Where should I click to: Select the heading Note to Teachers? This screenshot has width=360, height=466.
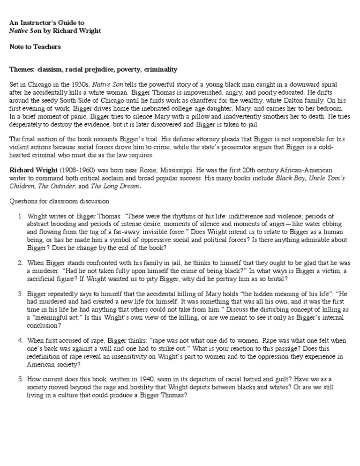pyautogui.click(x=35, y=46)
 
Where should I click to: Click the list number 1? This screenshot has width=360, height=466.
pyautogui.click(x=21, y=216)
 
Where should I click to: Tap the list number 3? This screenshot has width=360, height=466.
pyautogui.click(x=21, y=294)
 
